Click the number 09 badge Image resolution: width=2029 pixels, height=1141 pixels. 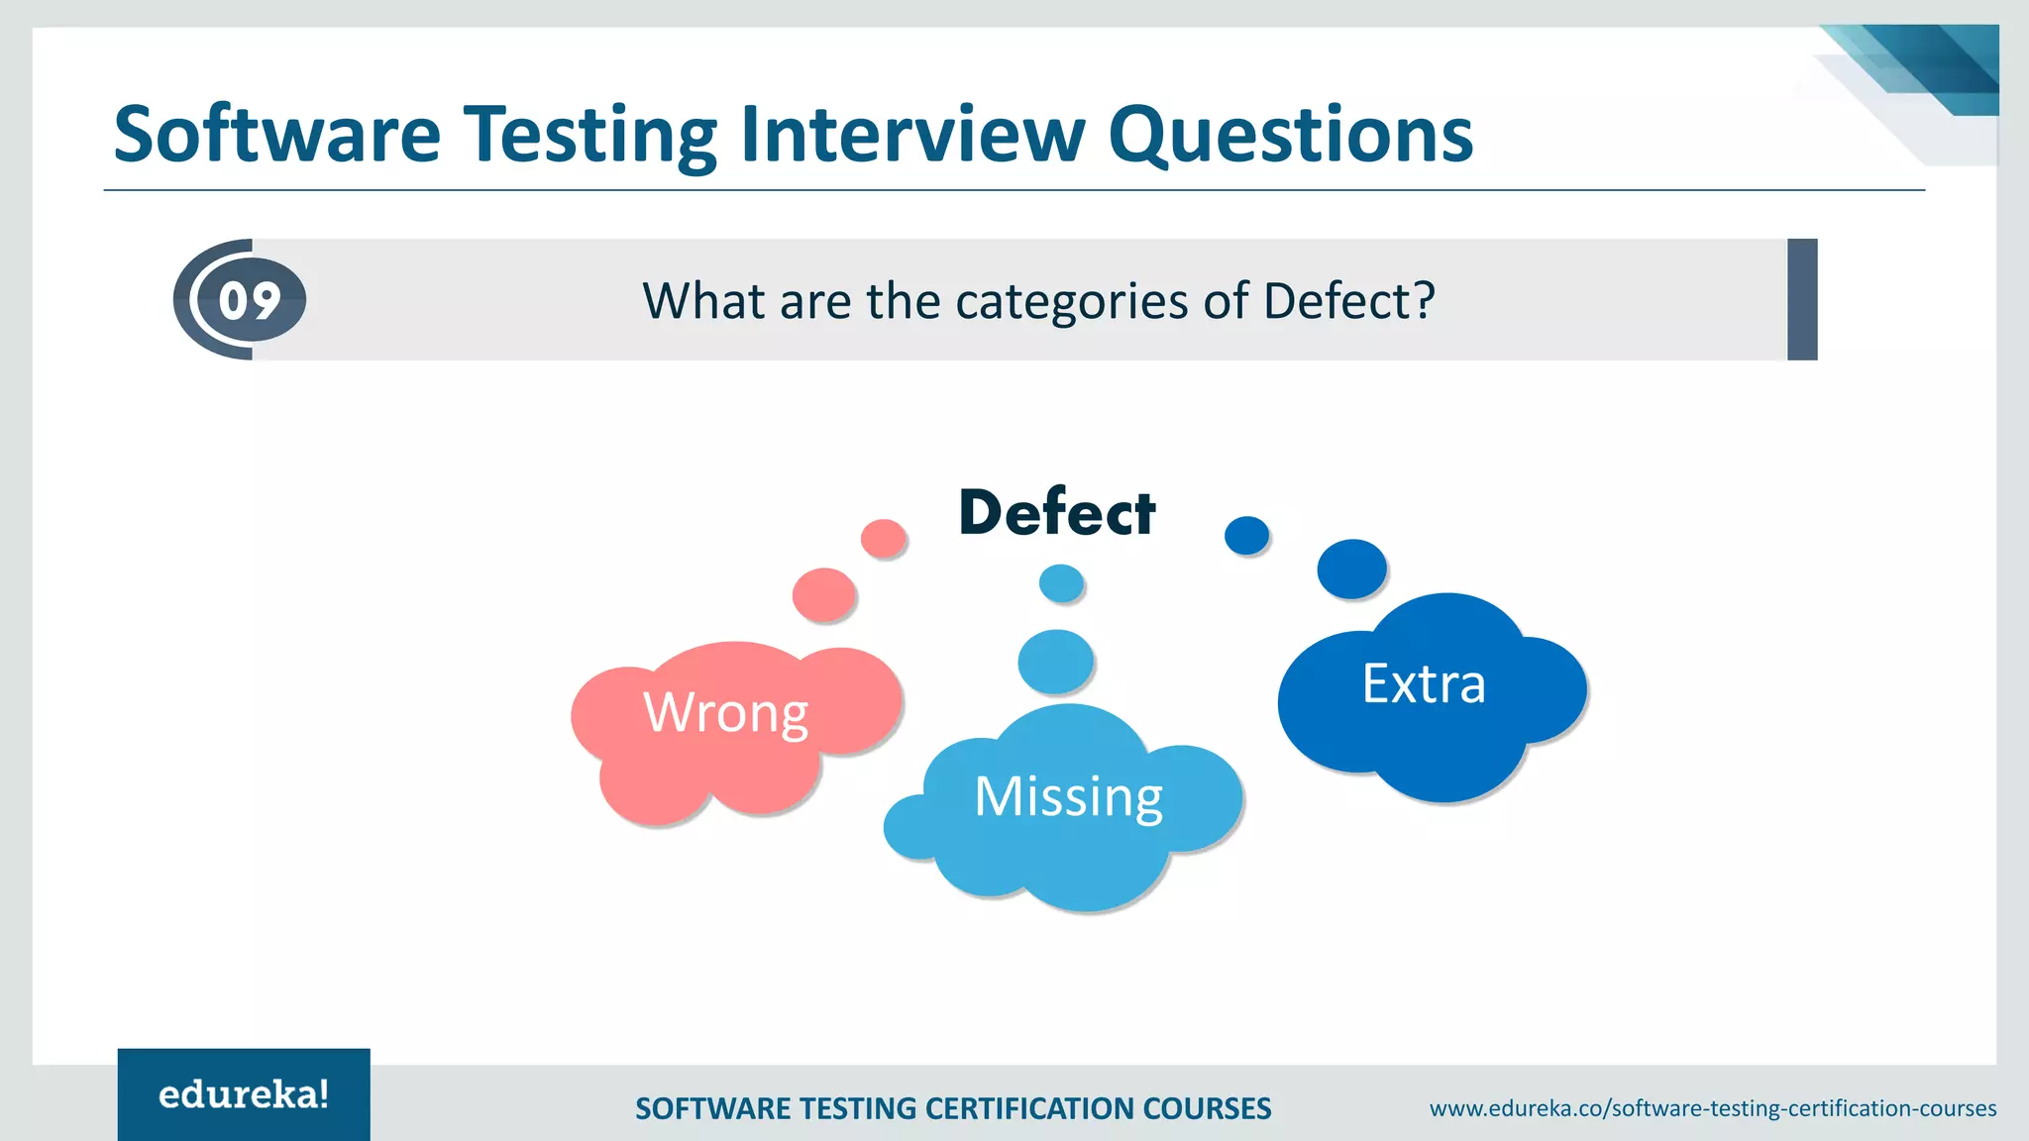click(x=249, y=300)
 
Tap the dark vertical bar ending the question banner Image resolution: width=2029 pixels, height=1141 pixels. click(x=1802, y=299)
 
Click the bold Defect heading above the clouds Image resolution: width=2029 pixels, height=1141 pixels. click(x=1057, y=513)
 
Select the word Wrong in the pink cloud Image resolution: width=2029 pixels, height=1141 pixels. click(x=726, y=712)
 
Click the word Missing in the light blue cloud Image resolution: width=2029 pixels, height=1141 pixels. click(x=1068, y=796)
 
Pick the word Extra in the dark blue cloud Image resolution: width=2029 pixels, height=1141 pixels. click(x=1424, y=683)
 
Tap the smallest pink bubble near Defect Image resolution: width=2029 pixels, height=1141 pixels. click(x=883, y=539)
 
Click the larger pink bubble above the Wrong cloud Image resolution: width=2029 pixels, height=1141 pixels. click(x=823, y=594)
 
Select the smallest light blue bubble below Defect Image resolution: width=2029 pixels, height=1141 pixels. click(x=1061, y=583)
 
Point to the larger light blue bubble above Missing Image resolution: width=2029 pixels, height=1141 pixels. click(x=1055, y=661)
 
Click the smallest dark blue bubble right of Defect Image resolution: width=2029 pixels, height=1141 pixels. click(x=1246, y=535)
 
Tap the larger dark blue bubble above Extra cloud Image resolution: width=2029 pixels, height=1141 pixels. click(x=1351, y=569)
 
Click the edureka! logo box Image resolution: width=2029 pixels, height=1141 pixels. click(x=244, y=1094)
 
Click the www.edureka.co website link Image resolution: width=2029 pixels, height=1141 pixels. click(x=1712, y=1108)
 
